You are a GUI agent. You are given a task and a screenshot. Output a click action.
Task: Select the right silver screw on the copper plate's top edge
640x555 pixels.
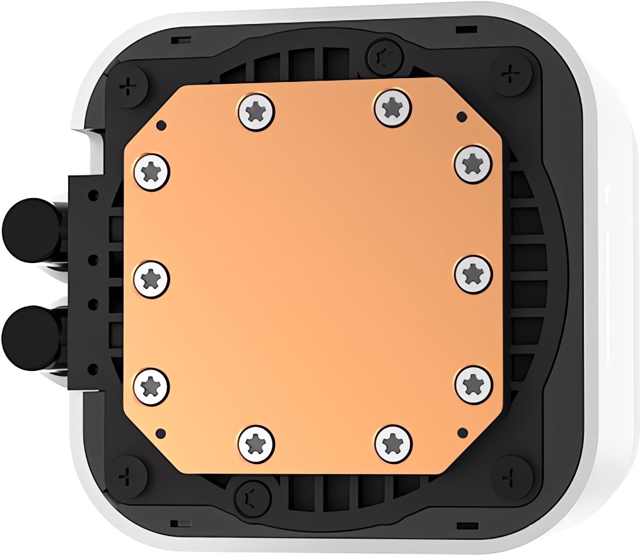point(392,107)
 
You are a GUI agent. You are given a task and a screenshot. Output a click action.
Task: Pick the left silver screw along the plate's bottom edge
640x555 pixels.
point(257,442)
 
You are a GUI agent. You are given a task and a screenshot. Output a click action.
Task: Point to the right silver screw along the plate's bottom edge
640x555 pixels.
point(393,442)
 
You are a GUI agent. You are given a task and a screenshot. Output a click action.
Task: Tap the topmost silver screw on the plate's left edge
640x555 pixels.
point(153,170)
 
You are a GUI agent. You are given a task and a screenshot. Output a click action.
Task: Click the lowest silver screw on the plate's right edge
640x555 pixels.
point(473,383)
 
